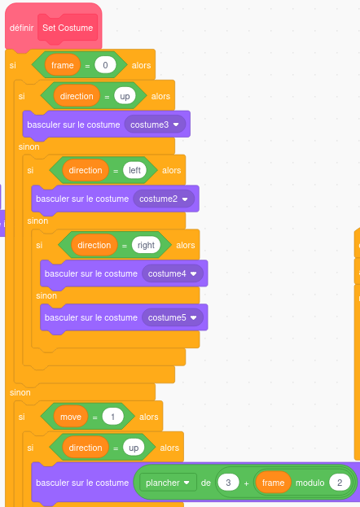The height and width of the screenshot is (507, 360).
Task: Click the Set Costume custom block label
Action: [68, 28]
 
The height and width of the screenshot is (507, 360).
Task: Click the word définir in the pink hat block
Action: [21, 28]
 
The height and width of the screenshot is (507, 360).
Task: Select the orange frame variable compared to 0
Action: [63, 65]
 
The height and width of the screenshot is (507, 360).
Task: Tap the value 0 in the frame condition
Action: [105, 65]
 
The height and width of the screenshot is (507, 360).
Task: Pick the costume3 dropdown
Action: [155, 125]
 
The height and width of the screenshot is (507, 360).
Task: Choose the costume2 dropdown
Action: [164, 199]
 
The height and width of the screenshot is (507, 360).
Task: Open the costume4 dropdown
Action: [173, 273]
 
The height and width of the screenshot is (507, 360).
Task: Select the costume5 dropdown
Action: [173, 317]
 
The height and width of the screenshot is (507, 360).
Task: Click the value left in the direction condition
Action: [134, 170]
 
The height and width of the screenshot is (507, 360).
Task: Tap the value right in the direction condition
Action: [146, 245]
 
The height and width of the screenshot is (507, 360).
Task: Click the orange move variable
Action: [71, 417]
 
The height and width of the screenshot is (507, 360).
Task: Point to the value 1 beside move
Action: [112, 417]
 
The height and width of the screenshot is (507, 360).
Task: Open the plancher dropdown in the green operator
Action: [168, 483]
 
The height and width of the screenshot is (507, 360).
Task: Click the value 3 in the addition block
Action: [228, 483]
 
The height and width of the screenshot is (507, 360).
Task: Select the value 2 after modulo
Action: [340, 483]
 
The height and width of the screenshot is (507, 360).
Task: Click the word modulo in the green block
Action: [310, 483]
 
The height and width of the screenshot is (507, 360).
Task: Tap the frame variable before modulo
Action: [273, 483]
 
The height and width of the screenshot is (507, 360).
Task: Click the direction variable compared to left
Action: [86, 170]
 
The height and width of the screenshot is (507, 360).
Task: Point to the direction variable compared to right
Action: [94, 245]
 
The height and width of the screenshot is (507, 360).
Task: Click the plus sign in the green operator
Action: [246, 483]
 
